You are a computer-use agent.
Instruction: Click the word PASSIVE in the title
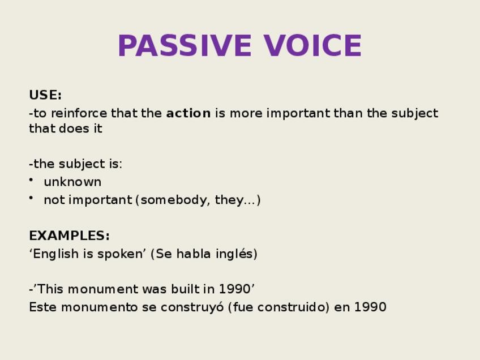tap(185, 46)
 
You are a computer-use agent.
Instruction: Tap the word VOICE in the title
tap(312, 46)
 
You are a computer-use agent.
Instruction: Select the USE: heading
tap(45, 95)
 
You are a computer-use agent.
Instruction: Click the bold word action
tap(188, 113)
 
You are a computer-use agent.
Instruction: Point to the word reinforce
tap(79, 113)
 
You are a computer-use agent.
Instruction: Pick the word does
tap(74, 128)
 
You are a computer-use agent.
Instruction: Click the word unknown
tap(72, 182)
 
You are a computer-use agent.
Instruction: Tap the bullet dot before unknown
tap(31, 179)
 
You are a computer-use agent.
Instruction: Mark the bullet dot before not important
tap(31, 198)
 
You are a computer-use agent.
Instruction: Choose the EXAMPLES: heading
tap(69, 235)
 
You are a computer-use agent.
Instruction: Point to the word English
tap(55, 254)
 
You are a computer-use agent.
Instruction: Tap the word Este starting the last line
tap(43, 307)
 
